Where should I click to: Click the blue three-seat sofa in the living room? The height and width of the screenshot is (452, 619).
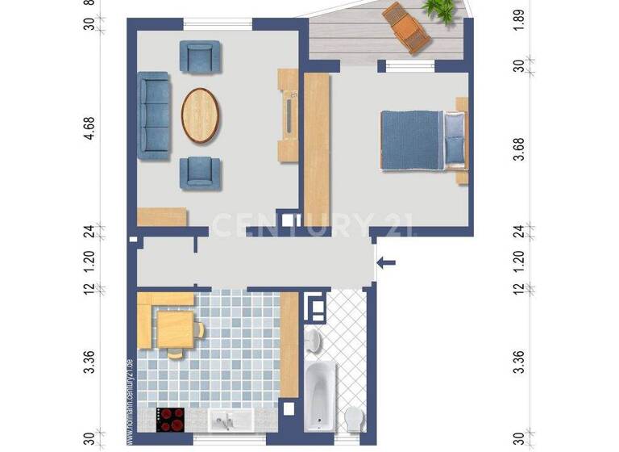click(x=155, y=115)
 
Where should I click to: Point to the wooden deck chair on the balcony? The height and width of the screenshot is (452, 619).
click(x=407, y=27)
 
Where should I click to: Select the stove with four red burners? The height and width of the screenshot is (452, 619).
click(x=170, y=418)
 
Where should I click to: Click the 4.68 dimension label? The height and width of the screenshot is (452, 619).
click(x=89, y=129)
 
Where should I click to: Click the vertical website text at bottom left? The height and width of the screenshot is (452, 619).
click(x=128, y=400)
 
